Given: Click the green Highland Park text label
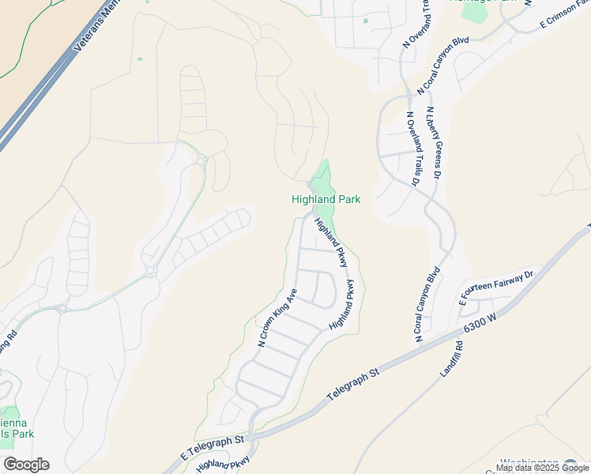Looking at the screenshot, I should tap(326, 200).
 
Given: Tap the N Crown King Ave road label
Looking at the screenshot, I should tap(277, 318).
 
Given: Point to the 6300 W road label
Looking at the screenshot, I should tap(481, 325).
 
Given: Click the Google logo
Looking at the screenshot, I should tap(26, 465).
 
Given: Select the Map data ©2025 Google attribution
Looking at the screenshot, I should tap(542, 468).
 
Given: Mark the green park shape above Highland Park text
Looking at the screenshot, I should tap(322, 179).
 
